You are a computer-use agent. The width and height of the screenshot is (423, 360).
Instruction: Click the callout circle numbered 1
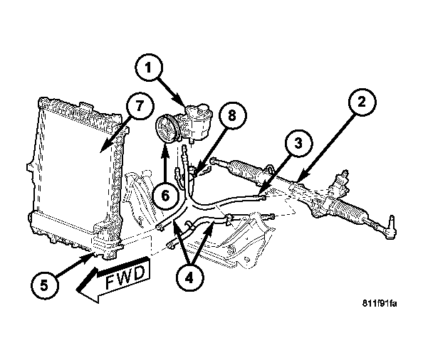click(x=148, y=70)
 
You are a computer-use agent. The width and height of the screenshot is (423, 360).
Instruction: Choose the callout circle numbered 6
click(x=165, y=195)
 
